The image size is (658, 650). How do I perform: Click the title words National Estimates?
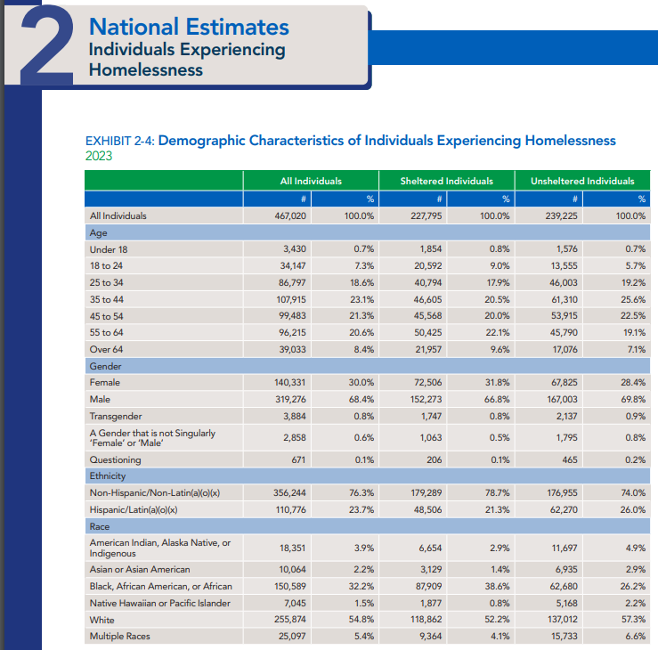point(189,28)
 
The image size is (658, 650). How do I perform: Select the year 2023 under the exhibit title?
point(98,155)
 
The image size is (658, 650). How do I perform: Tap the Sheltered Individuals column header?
point(446,181)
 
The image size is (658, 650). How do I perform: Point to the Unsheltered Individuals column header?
point(582,181)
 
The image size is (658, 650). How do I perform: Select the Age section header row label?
point(98,232)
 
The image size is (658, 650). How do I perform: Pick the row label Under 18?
point(109,249)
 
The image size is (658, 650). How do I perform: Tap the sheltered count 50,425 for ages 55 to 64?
point(427,333)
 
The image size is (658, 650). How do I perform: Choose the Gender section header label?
point(104,366)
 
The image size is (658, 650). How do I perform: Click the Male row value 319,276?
point(292,400)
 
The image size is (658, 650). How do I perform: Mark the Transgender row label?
point(117,416)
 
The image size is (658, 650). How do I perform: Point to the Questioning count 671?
point(298,459)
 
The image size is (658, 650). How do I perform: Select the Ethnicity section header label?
point(108,475)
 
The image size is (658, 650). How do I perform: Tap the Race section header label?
point(99,526)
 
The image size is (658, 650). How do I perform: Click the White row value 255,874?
point(292,620)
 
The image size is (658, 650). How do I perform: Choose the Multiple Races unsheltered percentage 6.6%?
point(635,636)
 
